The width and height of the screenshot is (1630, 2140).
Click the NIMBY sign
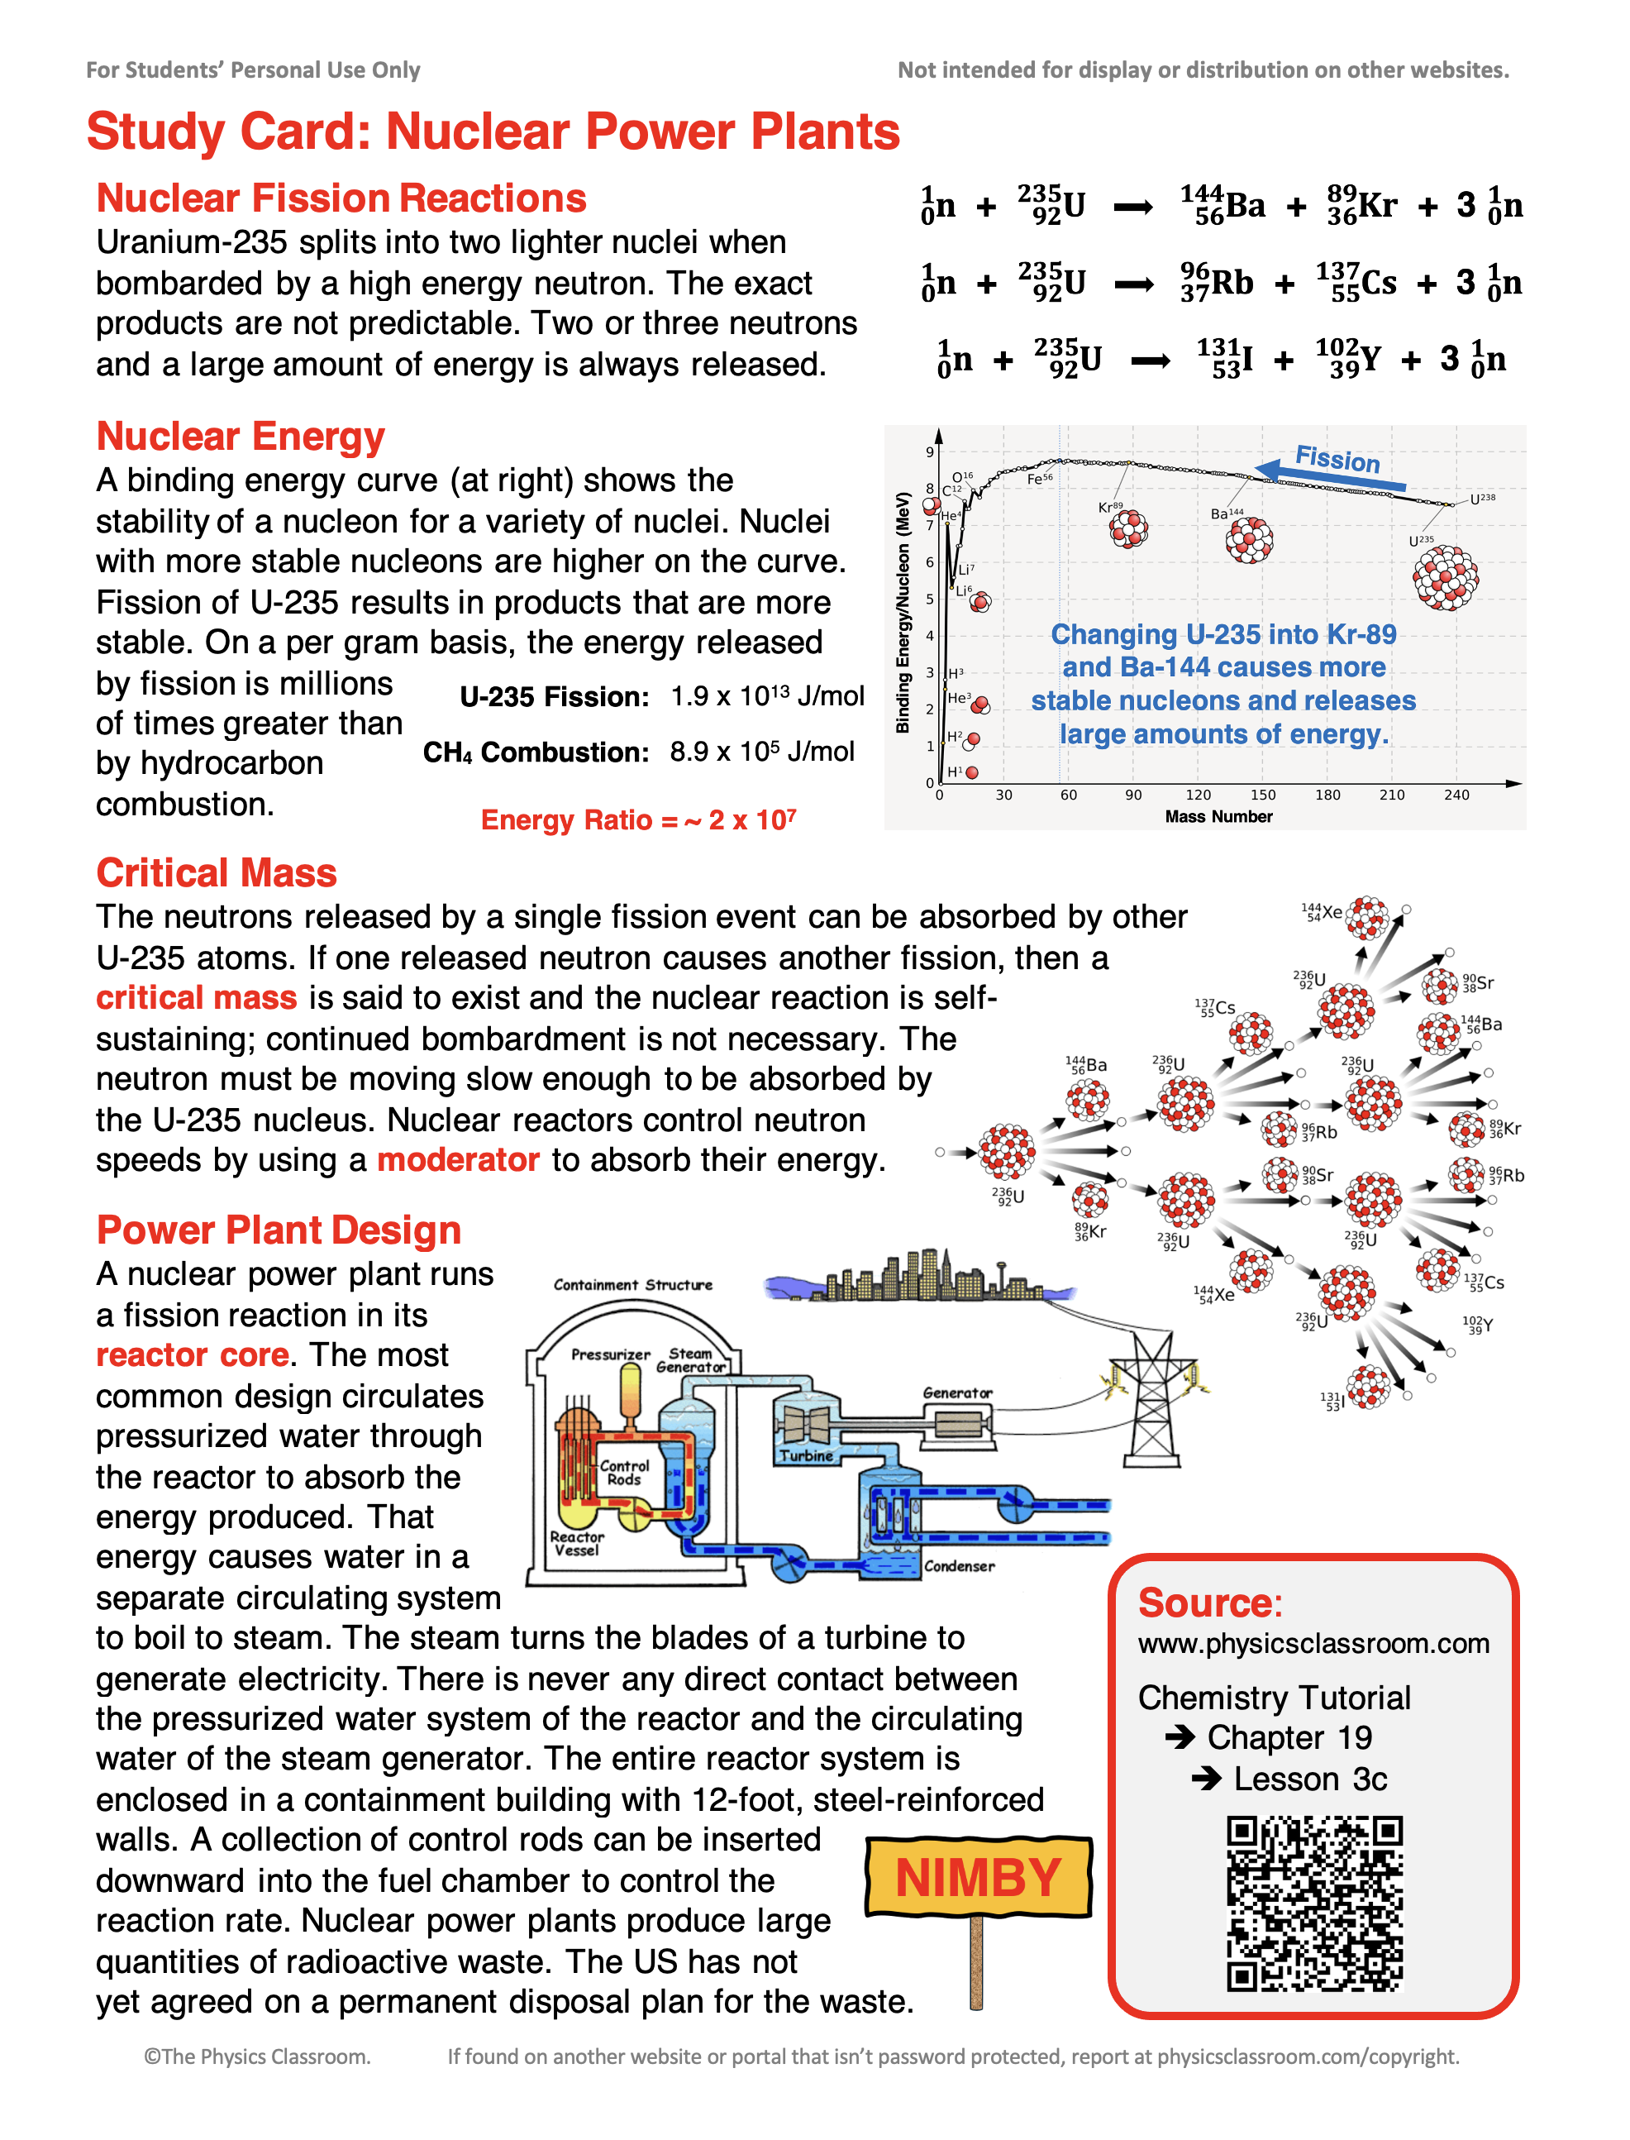[x=978, y=1877]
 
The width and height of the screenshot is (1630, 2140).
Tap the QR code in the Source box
[x=1315, y=1904]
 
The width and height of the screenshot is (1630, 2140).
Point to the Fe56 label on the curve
[x=1039, y=479]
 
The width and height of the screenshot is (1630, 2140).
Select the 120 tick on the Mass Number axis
[x=1199, y=795]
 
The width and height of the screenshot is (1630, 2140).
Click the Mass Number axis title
[x=1218, y=817]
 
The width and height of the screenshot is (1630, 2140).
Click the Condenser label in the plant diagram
[x=959, y=1566]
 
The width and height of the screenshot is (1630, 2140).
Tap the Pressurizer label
[x=610, y=1354]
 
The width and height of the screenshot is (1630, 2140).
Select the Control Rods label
[x=624, y=1472]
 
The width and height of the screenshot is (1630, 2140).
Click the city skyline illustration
[x=922, y=1276]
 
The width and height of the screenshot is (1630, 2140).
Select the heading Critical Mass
[x=217, y=872]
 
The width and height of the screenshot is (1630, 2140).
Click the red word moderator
[x=458, y=1160]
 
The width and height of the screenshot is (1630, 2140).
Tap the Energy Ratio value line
[x=638, y=820]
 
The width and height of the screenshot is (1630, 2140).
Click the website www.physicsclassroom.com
[x=1313, y=1643]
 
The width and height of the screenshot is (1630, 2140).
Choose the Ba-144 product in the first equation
[x=1222, y=206]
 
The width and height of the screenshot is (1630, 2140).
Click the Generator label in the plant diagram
[x=956, y=1392]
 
